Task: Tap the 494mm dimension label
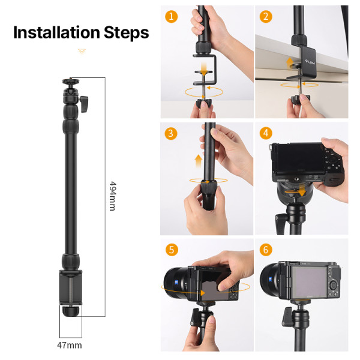tap(112, 196)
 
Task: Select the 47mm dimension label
tap(70, 345)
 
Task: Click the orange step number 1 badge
tap(172, 17)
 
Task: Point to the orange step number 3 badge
tap(172, 133)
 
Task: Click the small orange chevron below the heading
tap(82, 52)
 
